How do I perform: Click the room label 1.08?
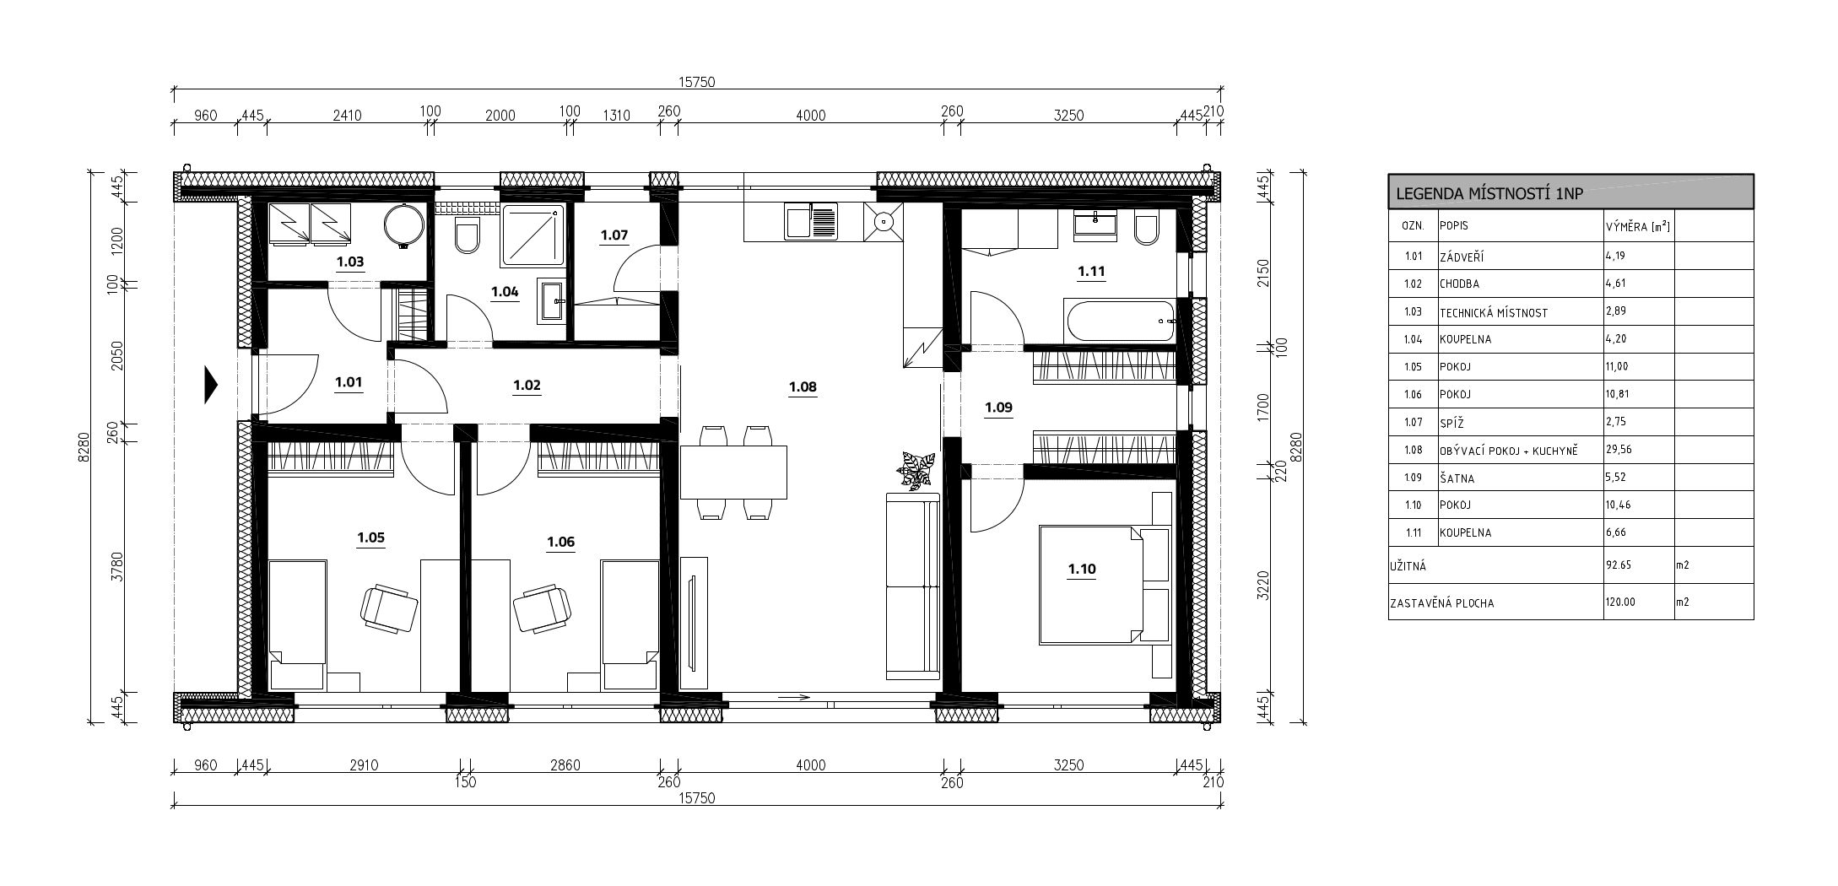point(803,387)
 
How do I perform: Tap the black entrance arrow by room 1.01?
point(211,385)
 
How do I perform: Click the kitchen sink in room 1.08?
point(811,221)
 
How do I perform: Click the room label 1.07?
point(614,235)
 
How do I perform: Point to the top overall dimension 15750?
point(697,82)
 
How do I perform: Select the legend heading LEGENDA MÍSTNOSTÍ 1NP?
point(1489,193)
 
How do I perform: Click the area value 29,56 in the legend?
point(1619,450)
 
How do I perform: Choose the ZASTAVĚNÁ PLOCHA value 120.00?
point(1620,602)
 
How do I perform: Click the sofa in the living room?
point(912,586)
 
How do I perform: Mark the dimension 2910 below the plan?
point(364,765)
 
